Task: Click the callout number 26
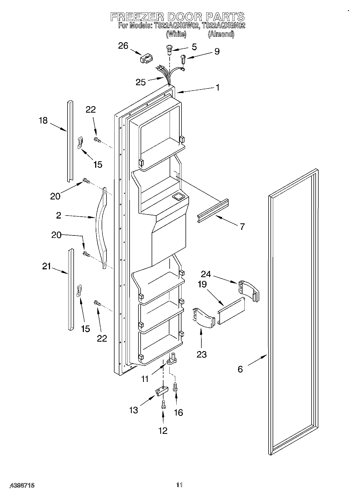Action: pyautogui.click(x=123, y=46)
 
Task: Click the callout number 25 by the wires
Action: pyautogui.click(x=140, y=82)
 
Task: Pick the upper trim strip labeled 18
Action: pyautogui.click(x=70, y=141)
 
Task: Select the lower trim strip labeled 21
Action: pyautogui.click(x=70, y=289)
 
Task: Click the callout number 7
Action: pyautogui.click(x=242, y=227)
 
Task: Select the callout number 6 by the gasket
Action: pyautogui.click(x=240, y=369)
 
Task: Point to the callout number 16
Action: pyautogui.click(x=178, y=412)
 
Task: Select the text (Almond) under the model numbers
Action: pyautogui.click(x=221, y=34)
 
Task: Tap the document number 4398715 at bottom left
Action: pyautogui.click(x=22, y=485)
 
